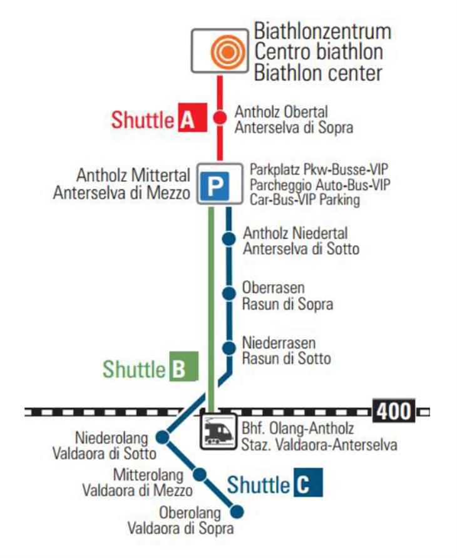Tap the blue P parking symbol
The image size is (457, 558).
(215, 185)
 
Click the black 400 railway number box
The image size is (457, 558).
(393, 412)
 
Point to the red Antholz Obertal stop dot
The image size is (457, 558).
(220, 117)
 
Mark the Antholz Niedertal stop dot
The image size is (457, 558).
(229, 238)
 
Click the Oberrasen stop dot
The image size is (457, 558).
(229, 293)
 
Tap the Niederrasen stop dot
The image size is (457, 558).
(229, 348)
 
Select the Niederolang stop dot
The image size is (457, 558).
(162, 437)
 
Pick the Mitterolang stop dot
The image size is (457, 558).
(200, 474)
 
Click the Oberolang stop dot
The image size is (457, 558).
(237, 512)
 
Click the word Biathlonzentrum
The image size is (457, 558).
(322, 31)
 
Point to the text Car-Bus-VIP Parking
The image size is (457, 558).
(305, 200)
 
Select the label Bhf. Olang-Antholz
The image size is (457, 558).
(297, 429)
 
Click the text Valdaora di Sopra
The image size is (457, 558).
(181, 529)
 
